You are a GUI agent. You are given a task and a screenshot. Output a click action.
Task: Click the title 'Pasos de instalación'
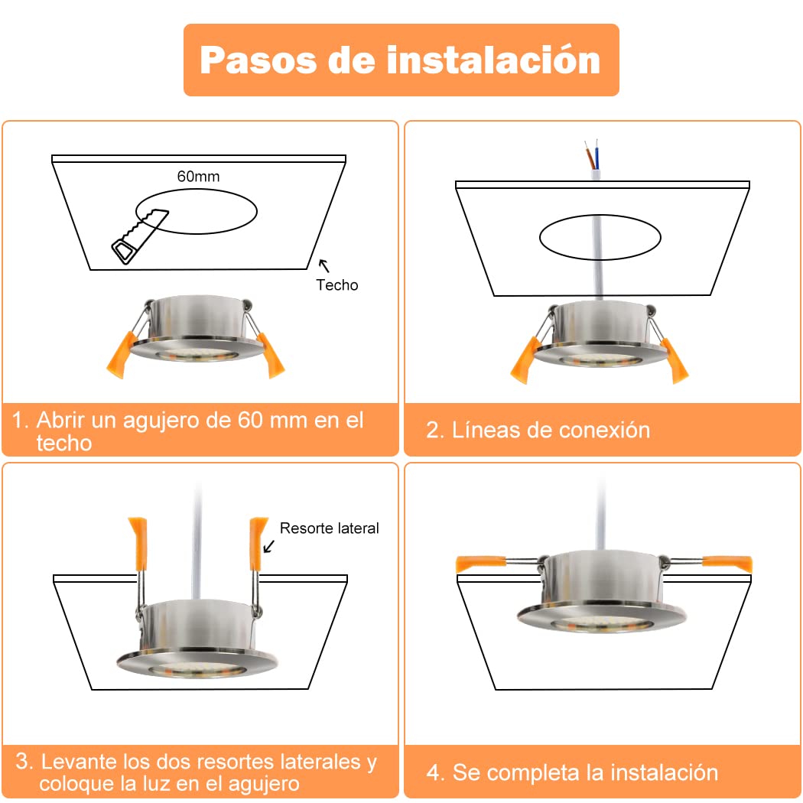[x=400, y=60]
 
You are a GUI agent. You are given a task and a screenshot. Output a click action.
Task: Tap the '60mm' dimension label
[x=198, y=176]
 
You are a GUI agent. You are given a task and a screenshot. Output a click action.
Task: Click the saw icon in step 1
[x=139, y=236]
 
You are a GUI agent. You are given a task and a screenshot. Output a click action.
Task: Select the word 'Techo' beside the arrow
[x=336, y=284]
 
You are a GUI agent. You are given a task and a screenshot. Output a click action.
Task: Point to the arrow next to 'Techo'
[x=323, y=265]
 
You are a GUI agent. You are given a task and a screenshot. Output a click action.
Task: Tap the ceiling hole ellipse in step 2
[x=600, y=215]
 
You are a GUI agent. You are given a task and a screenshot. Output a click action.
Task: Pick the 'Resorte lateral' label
[x=330, y=528]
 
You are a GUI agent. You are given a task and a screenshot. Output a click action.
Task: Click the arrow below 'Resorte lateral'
[x=269, y=547]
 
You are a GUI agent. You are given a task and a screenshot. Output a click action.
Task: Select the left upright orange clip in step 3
[x=138, y=544]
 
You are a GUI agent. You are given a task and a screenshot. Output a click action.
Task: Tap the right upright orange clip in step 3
[x=258, y=544]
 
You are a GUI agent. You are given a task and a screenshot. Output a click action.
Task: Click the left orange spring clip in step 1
[x=121, y=355]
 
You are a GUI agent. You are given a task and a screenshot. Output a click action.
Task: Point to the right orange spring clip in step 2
[x=675, y=360]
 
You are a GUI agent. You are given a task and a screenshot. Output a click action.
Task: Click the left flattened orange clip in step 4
[x=480, y=564]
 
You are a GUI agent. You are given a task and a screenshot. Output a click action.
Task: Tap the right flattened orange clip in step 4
[x=727, y=564]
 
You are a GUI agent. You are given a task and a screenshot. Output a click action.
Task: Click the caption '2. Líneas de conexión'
[x=538, y=430]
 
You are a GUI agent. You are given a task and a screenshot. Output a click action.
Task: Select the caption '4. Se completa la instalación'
[x=572, y=772]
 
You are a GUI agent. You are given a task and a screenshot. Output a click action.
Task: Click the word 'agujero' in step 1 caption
[x=161, y=421]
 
